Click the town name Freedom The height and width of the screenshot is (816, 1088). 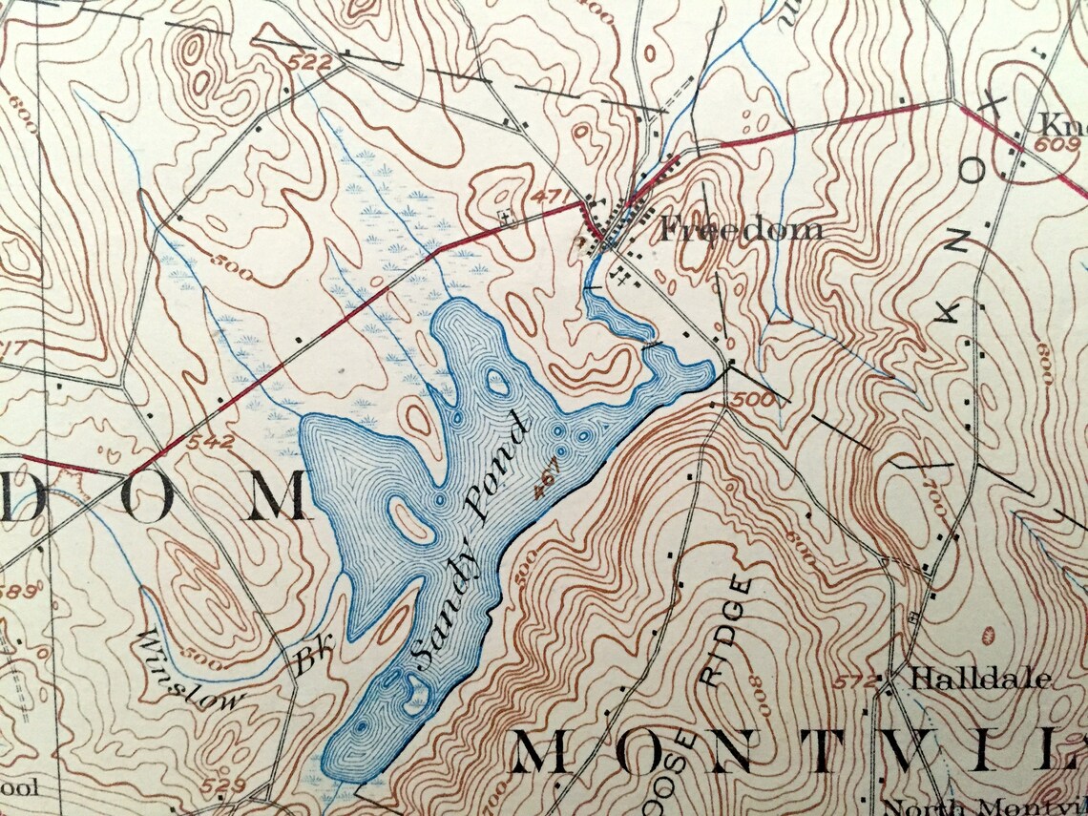[741, 229]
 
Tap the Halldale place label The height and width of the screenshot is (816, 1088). [981, 680]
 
